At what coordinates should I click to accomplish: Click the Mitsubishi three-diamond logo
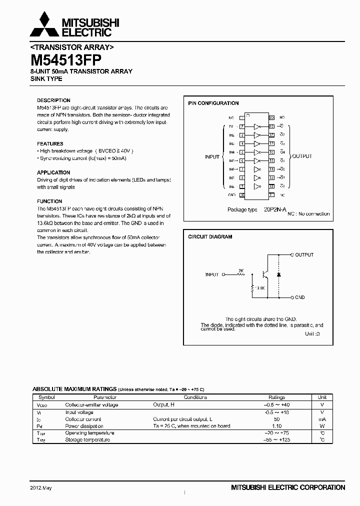[42, 24]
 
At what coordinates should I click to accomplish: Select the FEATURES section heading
[50, 143]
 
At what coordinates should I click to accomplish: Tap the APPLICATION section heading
[54, 172]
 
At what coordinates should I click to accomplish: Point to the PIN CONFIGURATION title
[213, 103]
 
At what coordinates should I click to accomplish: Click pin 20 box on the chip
[272, 117]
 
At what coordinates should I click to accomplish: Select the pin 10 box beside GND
[242, 194]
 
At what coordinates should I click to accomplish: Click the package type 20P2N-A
[275, 210]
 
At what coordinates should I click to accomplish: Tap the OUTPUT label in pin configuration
[301, 156]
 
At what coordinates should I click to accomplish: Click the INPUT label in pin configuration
[212, 156]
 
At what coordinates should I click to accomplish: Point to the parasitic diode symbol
[278, 275]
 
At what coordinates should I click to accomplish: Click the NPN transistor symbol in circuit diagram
[264, 275]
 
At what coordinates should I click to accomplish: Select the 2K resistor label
[240, 270]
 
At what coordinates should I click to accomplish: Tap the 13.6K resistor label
[259, 288]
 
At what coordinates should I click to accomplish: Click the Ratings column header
[276, 397]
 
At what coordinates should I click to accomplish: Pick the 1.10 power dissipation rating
[277, 426]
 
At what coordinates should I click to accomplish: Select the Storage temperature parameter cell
[87, 440]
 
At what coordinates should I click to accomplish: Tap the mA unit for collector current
[322, 419]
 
